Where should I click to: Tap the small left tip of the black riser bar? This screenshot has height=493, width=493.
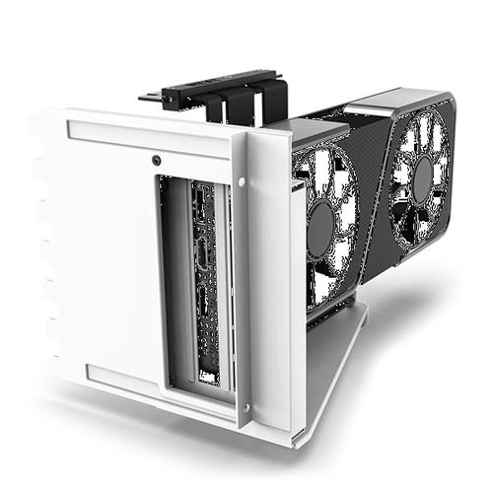146,97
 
